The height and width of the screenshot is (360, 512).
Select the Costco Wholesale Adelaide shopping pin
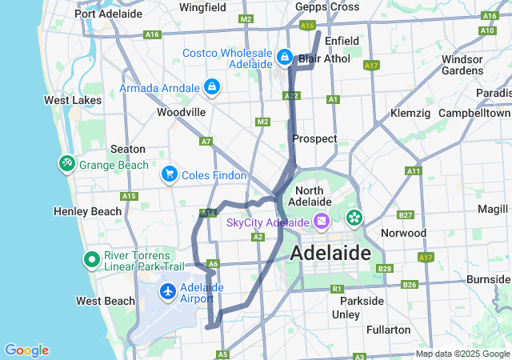click(286, 58)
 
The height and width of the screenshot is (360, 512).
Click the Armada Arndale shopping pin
click(211, 86)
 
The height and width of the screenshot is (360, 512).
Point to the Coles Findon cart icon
click(169, 174)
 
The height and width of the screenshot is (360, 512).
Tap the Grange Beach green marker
click(66, 164)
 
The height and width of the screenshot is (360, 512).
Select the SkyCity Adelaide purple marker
click(321, 221)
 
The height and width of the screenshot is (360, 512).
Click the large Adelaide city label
click(331, 254)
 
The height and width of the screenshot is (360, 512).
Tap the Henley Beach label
click(88, 211)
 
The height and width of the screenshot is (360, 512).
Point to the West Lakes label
click(73, 100)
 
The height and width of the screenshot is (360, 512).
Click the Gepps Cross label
click(326, 6)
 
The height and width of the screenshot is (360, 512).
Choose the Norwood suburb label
click(403, 233)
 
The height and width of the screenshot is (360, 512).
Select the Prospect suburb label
click(314, 138)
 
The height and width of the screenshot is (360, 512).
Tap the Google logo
click(26, 350)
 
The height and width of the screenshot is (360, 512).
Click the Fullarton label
click(388, 330)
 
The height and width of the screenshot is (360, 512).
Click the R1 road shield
click(337, 288)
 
